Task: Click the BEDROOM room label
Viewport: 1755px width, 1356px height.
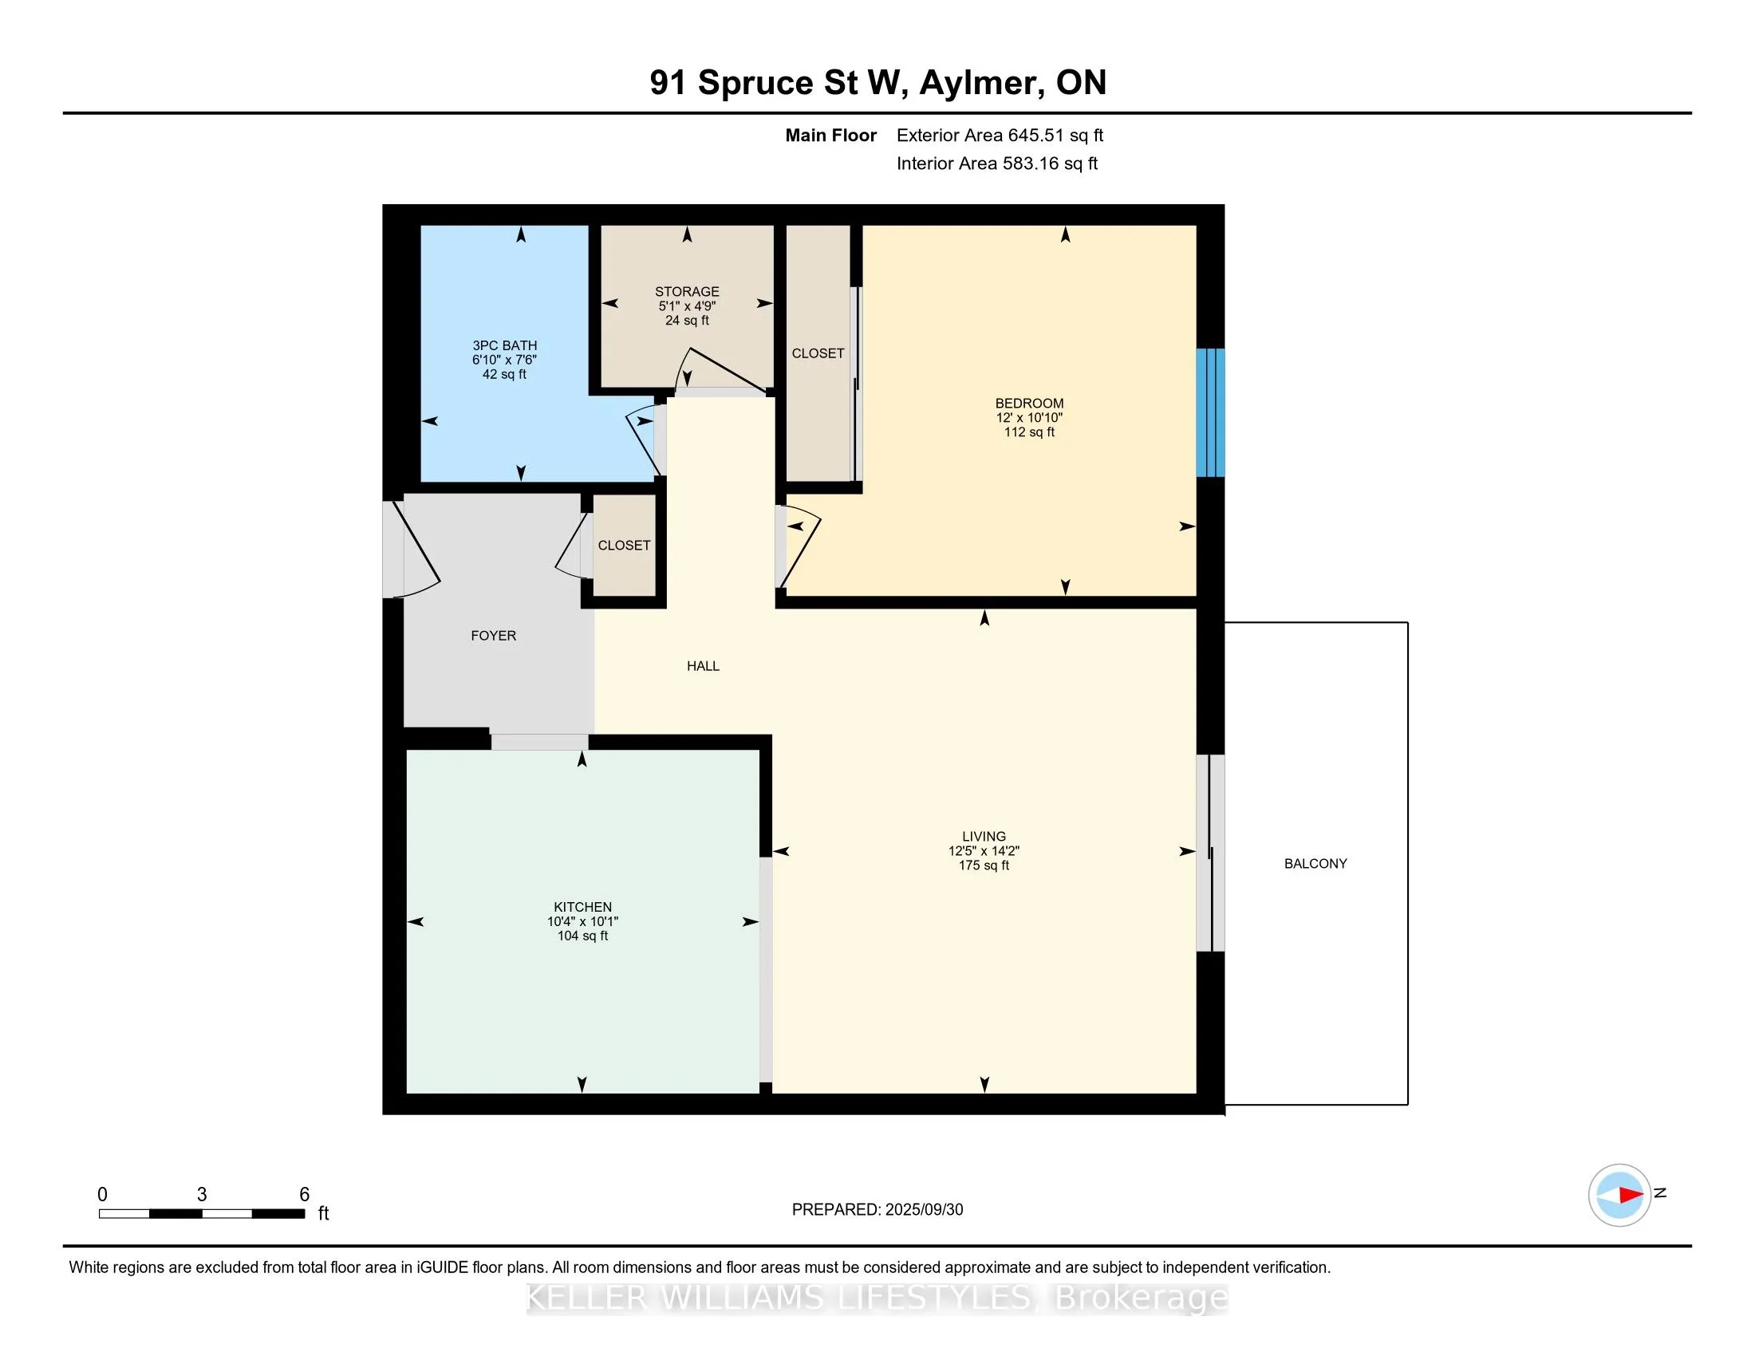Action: click(x=1029, y=404)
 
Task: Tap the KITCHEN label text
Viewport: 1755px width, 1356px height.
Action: click(x=582, y=907)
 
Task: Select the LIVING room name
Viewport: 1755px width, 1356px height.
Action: click(x=984, y=836)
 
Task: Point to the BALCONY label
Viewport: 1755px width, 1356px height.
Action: click(x=1315, y=864)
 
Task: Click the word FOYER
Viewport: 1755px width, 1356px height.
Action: click(x=493, y=636)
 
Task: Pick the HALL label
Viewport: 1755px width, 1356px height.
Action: click(x=703, y=666)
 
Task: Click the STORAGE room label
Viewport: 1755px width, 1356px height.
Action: click(x=687, y=292)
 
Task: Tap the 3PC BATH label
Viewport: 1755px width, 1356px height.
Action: click(x=505, y=345)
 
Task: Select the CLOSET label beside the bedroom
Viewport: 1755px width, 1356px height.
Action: click(x=818, y=353)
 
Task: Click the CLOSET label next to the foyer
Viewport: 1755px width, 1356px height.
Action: click(x=625, y=546)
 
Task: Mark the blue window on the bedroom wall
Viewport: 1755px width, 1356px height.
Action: click(x=1210, y=413)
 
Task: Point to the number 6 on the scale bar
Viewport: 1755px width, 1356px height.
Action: click(x=305, y=1195)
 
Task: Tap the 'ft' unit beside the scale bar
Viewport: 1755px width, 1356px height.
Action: click(x=323, y=1213)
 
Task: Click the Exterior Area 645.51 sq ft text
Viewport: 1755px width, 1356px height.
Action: click(x=1000, y=136)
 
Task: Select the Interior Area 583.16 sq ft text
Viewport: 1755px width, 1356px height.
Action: click(x=996, y=164)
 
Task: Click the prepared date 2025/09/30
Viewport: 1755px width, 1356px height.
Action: click(x=924, y=1210)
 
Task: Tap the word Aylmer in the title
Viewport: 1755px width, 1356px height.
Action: click(x=982, y=83)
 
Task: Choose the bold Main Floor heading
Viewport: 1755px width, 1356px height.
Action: click(x=831, y=136)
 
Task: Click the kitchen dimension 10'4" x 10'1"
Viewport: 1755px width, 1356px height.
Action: click(x=582, y=921)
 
